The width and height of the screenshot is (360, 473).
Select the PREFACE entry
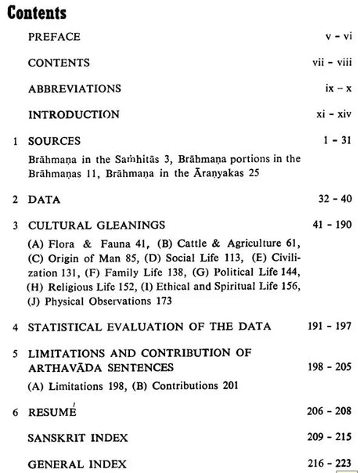click(54, 37)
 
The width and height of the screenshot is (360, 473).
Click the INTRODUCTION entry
click(74, 114)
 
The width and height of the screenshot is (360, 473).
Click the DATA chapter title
click(44, 200)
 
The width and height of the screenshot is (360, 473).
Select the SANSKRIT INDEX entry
click(74, 438)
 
